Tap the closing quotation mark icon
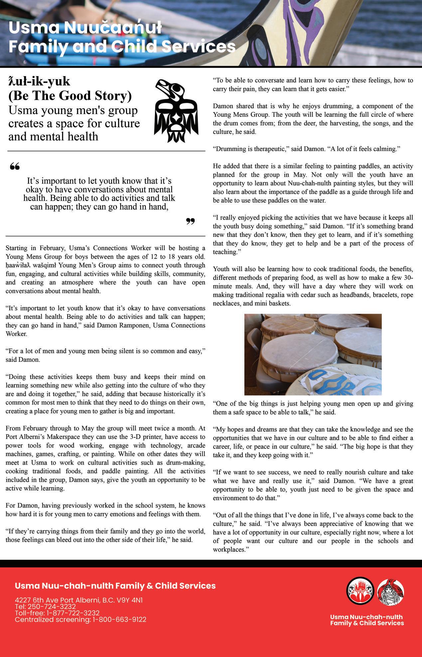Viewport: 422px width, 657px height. tap(190, 221)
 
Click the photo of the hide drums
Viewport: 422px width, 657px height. tap(313, 354)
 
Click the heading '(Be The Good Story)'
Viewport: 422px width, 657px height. tap(70, 96)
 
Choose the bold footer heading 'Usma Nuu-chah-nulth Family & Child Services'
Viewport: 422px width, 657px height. tap(115, 586)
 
